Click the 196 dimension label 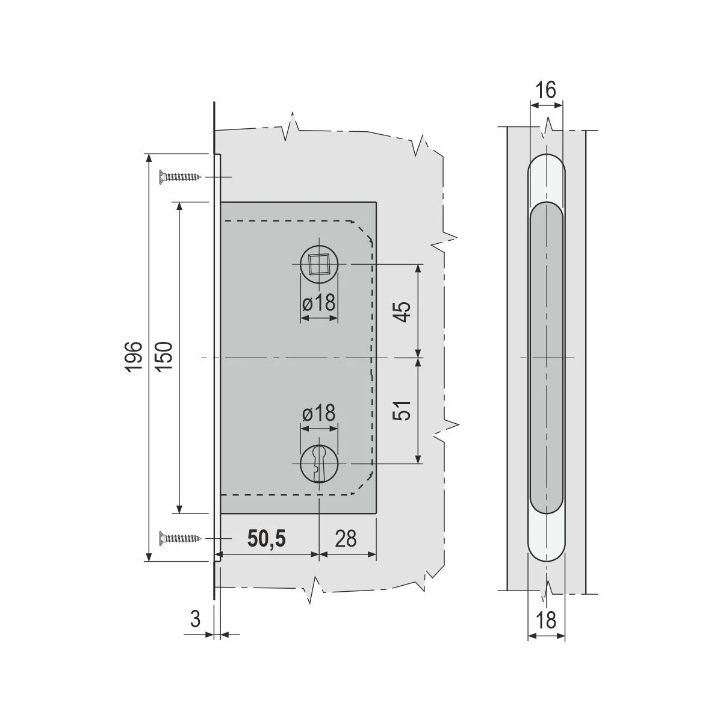[133, 357]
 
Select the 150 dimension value [164, 357]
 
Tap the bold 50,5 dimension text [267, 539]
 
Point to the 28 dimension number [346, 539]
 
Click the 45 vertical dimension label [402, 311]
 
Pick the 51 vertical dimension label [402, 411]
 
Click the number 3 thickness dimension [196, 619]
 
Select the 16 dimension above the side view [545, 90]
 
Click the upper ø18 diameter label [318, 302]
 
